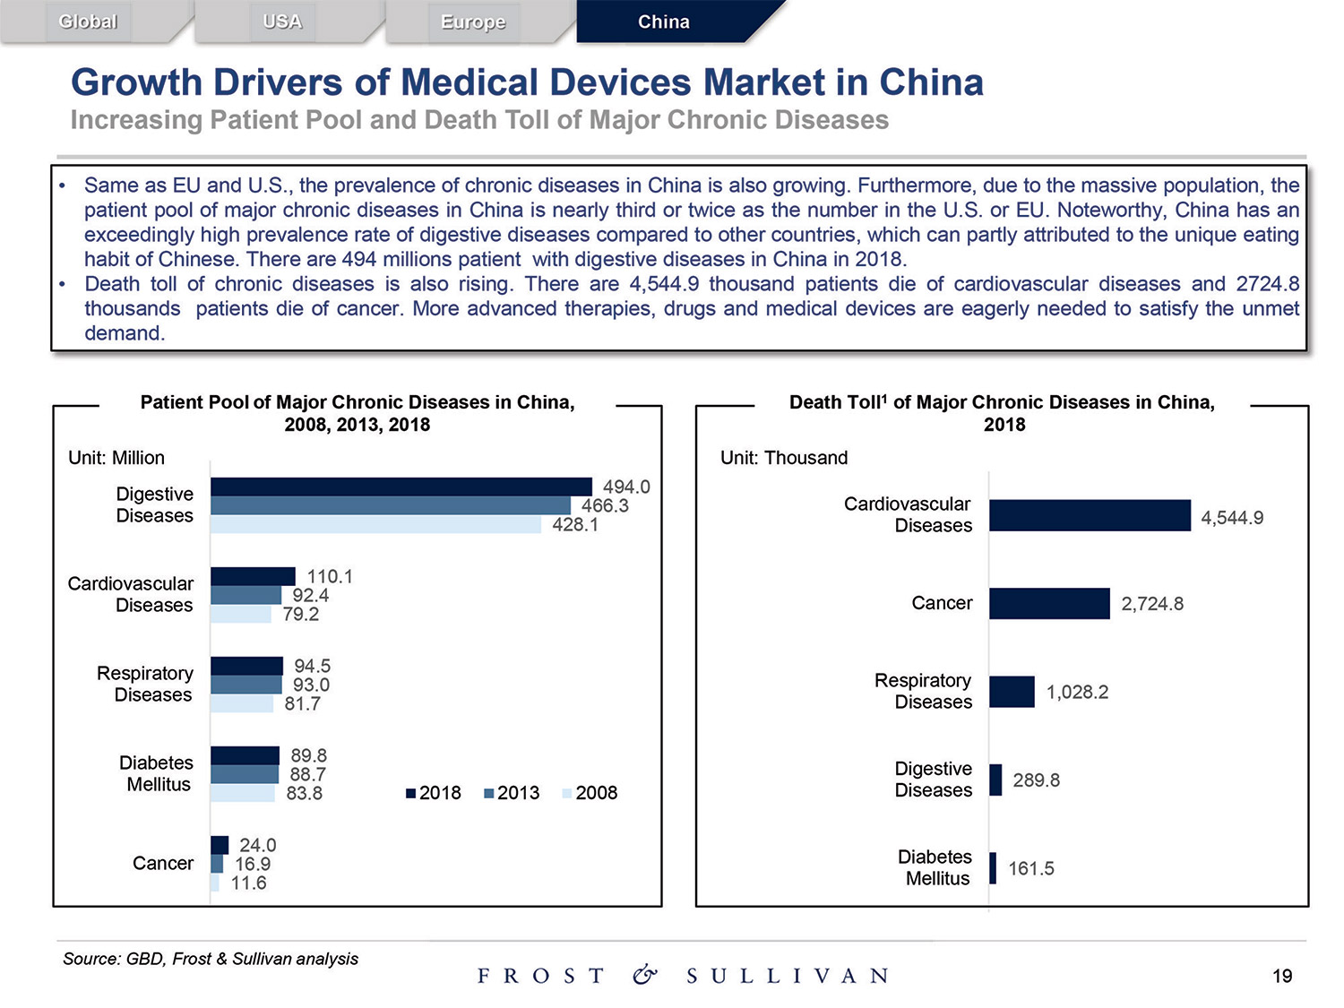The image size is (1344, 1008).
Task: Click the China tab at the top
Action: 664,22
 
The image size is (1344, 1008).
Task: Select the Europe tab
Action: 473,22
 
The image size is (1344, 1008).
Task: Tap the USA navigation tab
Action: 282,22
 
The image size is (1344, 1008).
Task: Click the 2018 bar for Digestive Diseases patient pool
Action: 401,487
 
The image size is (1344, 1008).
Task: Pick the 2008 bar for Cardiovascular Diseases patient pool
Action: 241,615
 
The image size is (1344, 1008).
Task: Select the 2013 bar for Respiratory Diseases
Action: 246,685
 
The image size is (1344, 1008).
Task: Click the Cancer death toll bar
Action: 1049,604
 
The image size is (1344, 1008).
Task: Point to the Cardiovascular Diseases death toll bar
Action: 1090,516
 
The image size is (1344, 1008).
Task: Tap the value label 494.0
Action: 626,487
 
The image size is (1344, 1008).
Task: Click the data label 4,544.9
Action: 1232,518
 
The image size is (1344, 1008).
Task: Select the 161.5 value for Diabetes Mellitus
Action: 1031,868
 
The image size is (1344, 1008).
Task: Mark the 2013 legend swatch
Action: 489,793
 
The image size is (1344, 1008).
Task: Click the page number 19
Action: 1282,976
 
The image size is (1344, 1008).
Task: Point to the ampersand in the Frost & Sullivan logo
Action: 644,975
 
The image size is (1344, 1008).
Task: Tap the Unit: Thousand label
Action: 784,458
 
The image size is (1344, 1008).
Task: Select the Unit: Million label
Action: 116,458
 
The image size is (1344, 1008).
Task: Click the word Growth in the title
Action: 136,82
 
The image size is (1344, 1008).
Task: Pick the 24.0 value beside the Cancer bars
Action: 257,845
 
